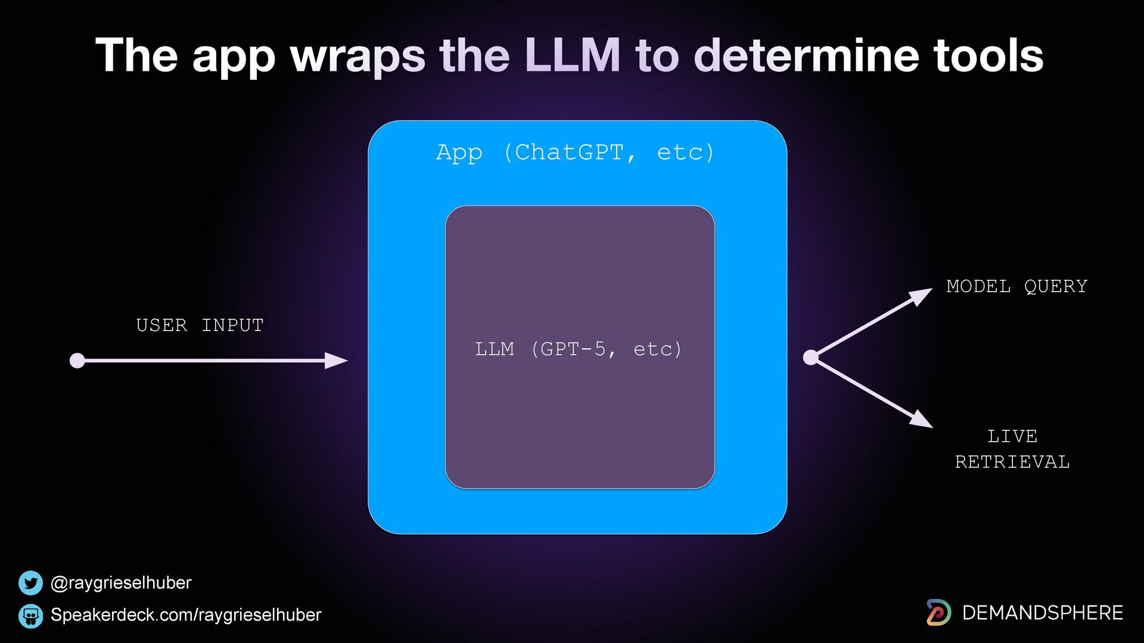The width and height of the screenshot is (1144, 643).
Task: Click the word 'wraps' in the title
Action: coord(357,56)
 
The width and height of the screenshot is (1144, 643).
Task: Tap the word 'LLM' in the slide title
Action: coord(573,55)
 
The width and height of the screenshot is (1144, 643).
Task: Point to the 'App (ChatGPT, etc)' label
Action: coord(575,152)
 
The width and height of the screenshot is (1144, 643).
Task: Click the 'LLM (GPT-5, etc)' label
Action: coord(578,349)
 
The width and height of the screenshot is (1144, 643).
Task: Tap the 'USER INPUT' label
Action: coord(200,325)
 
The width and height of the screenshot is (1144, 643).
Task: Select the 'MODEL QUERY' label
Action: coord(1016,286)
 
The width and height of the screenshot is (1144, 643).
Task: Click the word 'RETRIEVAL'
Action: coord(1012,462)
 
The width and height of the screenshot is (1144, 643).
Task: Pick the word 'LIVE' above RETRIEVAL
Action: coord(1012,436)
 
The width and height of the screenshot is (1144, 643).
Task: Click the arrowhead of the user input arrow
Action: coord(337,360)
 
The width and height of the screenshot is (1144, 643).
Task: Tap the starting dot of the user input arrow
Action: coord(77,361)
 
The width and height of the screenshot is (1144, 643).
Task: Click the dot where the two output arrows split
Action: coord(810,357)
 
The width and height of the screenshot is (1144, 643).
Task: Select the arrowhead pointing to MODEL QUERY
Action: coord(921,295)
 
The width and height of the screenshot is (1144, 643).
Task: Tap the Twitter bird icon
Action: coord(30,583)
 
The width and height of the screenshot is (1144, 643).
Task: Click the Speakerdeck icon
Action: coord(30,616)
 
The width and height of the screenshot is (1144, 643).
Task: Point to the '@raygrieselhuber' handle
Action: coord(121,583)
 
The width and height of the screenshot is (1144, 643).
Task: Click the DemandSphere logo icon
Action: coord(938,613)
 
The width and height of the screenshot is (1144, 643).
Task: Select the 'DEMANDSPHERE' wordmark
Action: coord(1042,613)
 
